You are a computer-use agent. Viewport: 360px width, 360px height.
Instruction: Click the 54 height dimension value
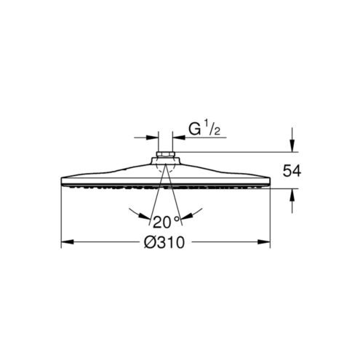click(292, 171)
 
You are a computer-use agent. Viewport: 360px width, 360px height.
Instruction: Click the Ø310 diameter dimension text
click(164, 242)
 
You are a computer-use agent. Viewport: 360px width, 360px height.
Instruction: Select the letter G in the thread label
click(195, 129)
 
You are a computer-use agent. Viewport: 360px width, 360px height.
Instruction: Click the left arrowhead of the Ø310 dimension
click(67, 241)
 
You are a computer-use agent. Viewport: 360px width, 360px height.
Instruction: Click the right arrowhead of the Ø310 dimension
click(264, 241)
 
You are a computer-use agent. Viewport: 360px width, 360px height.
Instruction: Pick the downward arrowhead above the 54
click(292, 145)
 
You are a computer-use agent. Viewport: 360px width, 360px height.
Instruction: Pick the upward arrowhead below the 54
click(292, 195)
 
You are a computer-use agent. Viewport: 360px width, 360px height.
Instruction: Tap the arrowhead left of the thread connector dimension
click(152, 137)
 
